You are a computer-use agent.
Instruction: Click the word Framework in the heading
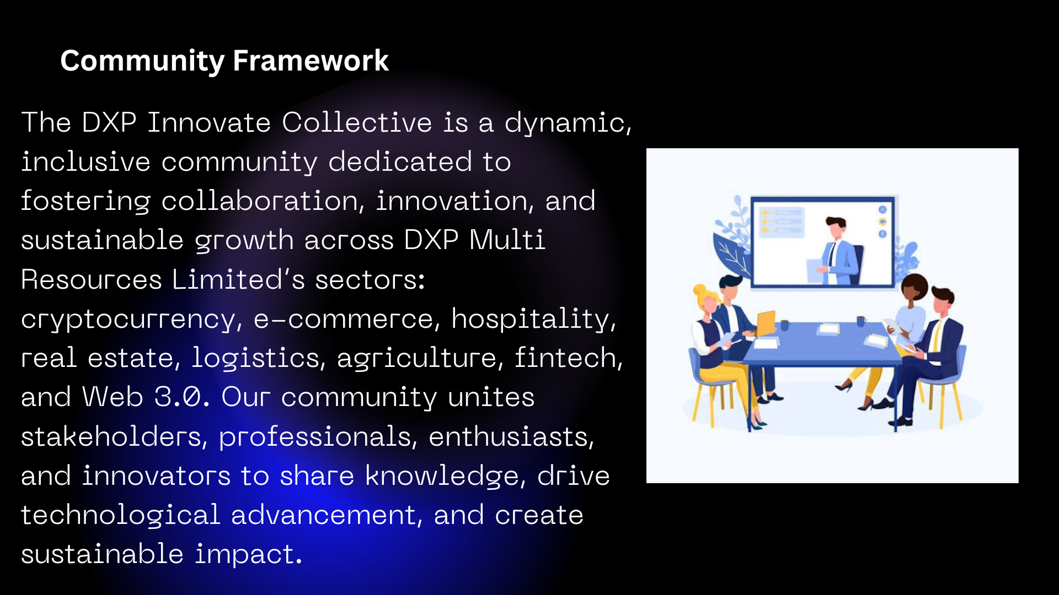click(x=311, y=61)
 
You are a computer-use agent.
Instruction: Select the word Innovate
click(x=209, y=122)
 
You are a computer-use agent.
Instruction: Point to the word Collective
click(x=357, y=122)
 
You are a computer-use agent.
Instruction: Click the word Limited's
click(x=238, y=280)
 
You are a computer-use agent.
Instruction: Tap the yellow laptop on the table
click(x=766, y=323)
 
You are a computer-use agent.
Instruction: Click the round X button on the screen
click(x=882, y=210)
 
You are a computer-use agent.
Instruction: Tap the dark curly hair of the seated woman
click(x=914, y=285)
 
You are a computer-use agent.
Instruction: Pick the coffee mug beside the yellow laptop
click(x=784, y=326)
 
